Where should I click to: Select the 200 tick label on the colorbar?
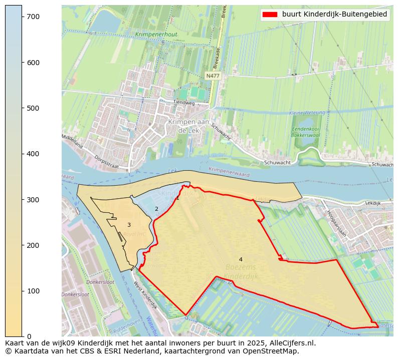32,245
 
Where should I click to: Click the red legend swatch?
270,15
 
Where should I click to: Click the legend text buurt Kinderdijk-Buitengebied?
334,15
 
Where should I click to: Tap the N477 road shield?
213,76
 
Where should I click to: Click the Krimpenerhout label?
156,35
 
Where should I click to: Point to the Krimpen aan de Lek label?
188,126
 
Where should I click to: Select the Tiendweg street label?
183,103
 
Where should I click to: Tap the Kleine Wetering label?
307,113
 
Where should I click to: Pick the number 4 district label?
241,259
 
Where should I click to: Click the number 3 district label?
129,225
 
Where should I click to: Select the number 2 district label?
156,209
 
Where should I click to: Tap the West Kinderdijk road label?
144,295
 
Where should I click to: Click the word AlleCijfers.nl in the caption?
293,343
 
